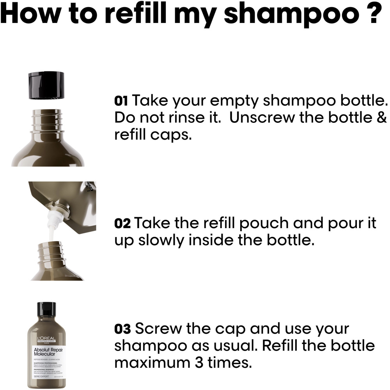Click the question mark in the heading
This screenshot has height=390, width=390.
point(373,15)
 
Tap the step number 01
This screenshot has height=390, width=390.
point(121,101)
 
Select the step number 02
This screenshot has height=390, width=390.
point(122,224)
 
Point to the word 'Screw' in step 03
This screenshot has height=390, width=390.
point(158,329)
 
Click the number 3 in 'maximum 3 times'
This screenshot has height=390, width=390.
point(203,363)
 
